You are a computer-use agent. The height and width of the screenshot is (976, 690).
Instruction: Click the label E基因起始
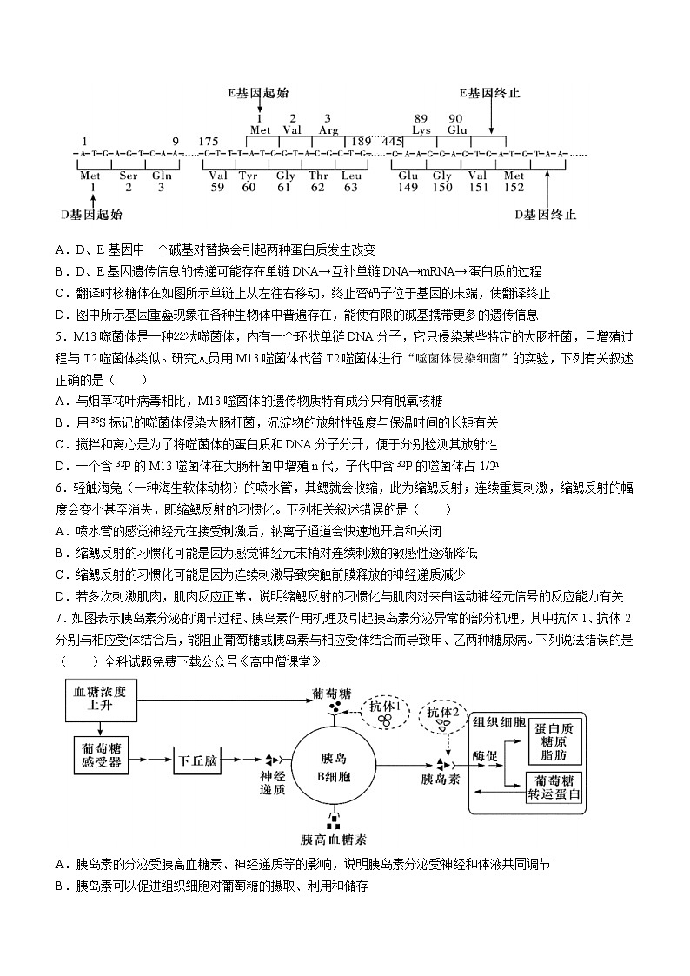pos(258,92)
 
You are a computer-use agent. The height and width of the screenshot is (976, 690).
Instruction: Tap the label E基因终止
pos(491,92)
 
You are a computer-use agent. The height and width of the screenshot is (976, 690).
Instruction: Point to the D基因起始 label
pos(91,215)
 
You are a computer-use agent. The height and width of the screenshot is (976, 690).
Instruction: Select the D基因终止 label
pos(546,215)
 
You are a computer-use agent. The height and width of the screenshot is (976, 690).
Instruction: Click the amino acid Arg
pos(328,130)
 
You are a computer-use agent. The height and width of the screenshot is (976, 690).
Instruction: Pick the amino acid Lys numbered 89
pos(421,130)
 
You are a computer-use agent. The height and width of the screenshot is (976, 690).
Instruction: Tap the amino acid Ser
pos(128,176)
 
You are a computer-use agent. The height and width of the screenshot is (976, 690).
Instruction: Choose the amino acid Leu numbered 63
pos(350,176)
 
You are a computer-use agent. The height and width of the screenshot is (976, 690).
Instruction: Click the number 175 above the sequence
pos(209,141)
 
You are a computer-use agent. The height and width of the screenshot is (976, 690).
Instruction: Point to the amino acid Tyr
pos(249,176)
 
